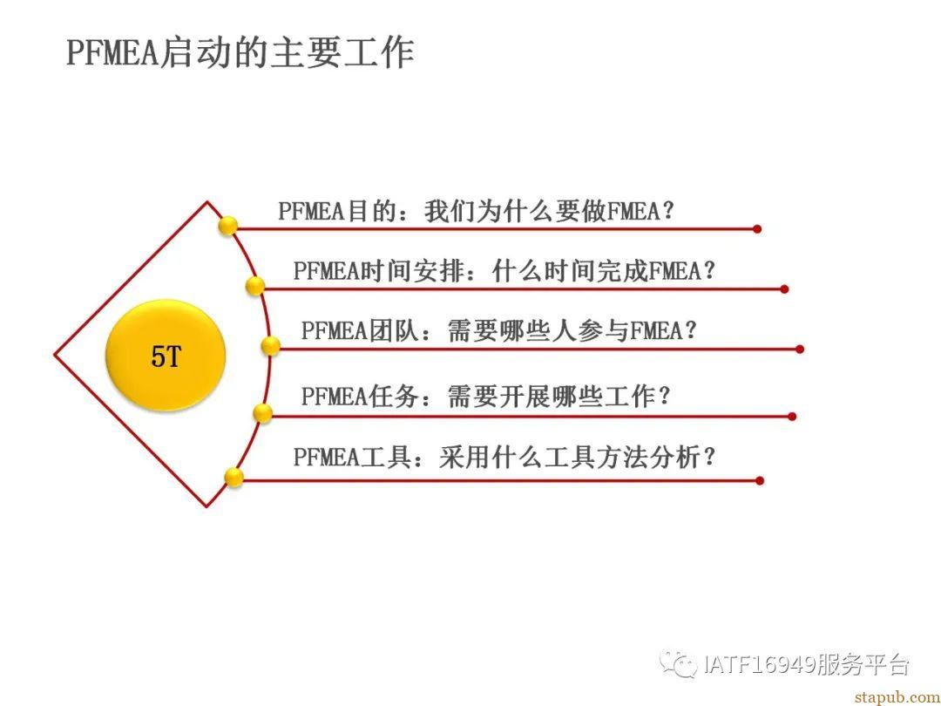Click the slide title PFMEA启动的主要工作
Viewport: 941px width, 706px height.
click(x=240, y=53)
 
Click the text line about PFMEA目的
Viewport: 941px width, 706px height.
click(x=476, y=211)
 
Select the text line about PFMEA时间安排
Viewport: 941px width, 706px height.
click(x=504, y=271)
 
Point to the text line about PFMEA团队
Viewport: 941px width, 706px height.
click(x=498, y=330)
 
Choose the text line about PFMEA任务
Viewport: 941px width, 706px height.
click(x=485, y=397)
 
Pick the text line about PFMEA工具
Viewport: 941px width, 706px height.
click(x=504, y=457)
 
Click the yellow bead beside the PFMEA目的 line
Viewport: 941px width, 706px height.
click(x=228, y=227)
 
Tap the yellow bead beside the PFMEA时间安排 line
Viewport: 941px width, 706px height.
click(x=255, y=286)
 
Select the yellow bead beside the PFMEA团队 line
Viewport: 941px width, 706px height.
click(x=271, y=346)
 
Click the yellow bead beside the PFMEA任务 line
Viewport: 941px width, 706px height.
click(x=262, y=413)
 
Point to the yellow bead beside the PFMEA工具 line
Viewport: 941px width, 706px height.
click(x=234, y=478)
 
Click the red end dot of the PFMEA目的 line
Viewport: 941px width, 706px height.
click(x=757, y=228)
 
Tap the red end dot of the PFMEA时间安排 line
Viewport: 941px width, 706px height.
click(x=784, y=289)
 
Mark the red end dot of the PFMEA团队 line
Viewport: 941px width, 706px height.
click(x=799, y=349)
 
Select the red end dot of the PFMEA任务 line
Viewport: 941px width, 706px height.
click(x=792, y=416)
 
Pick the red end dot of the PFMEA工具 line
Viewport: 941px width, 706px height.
click(x=760, y=480)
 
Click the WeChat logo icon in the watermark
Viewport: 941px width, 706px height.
click(x=678, y=663)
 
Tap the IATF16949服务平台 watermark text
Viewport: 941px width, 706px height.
click(x=806, y=664)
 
